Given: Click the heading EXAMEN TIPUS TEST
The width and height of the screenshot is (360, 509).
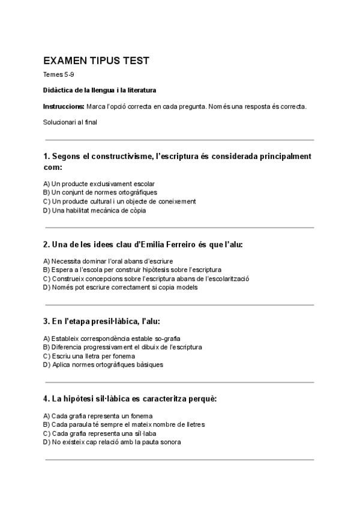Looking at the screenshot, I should pyautogui.click(x=96, y=61).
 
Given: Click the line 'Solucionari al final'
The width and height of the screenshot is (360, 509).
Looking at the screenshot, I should pyautogui.click(x=70, y=122).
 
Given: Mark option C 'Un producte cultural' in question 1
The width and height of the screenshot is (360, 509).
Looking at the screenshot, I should pyautogui.click(x=119, y=202).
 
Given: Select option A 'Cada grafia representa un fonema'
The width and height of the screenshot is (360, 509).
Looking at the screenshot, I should pyautogui.click(x=98, y=416).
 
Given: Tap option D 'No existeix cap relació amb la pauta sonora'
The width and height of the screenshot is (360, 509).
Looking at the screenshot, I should pyautogui.click(x=112, y=442).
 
